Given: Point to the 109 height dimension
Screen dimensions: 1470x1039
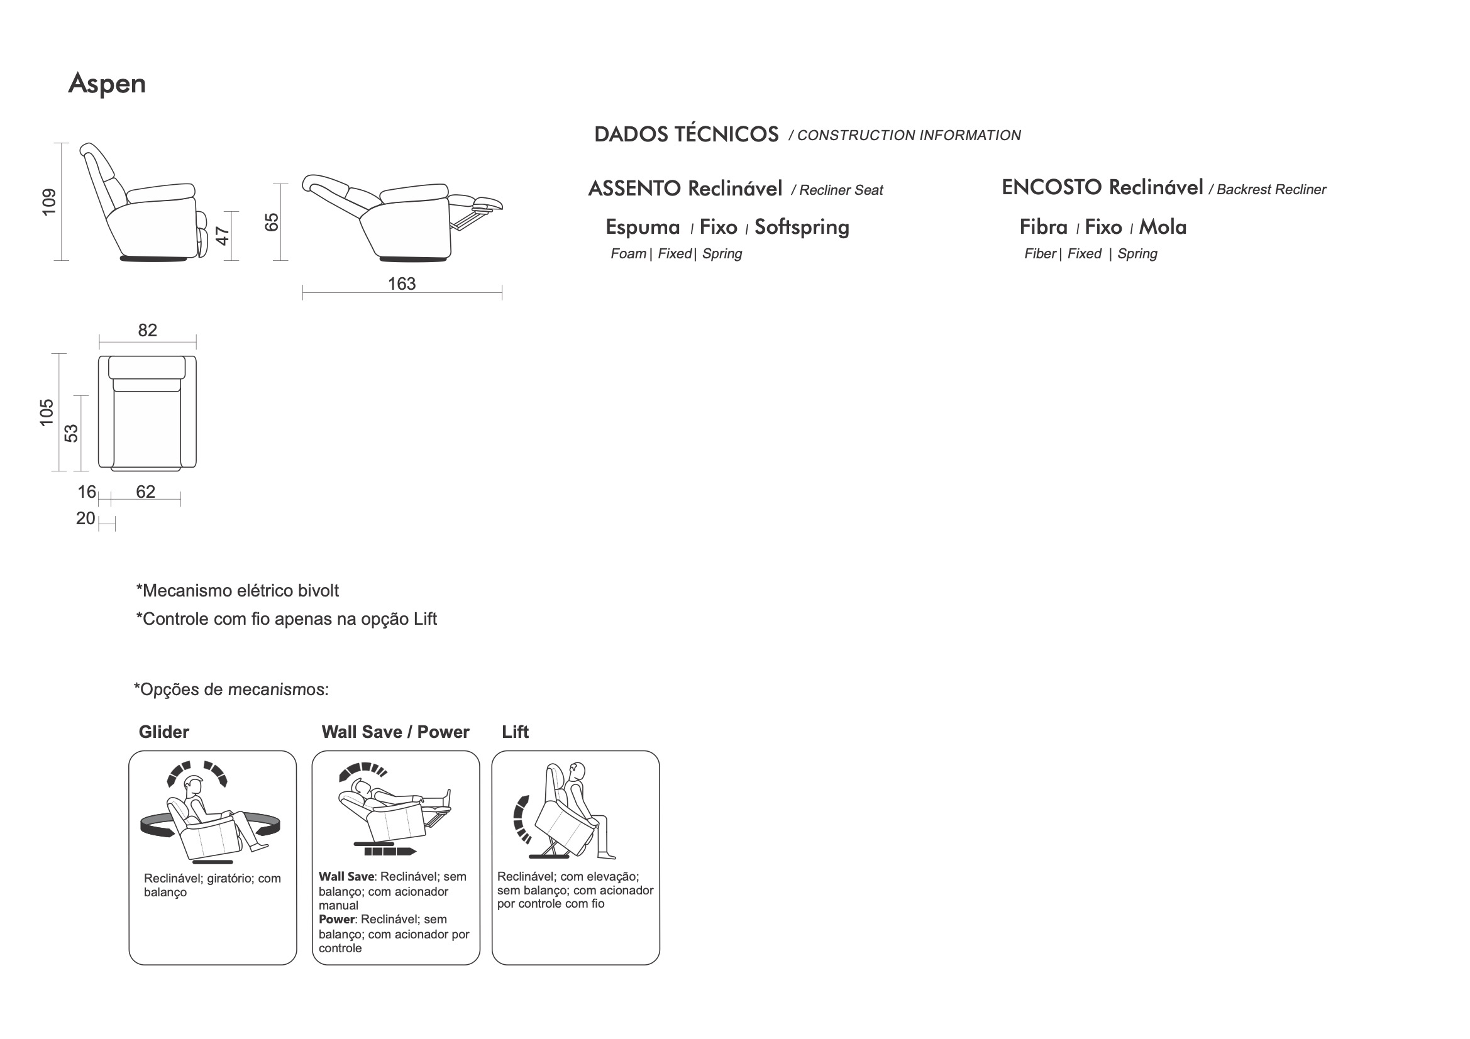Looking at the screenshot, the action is point(49,202).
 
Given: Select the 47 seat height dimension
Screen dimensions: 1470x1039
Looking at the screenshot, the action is point(222,236).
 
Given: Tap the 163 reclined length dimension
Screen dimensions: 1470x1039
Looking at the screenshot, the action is point(401,283).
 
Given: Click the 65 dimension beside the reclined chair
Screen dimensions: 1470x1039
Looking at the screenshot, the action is point(272,222).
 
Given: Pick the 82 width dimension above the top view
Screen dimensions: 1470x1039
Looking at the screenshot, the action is point(147,331).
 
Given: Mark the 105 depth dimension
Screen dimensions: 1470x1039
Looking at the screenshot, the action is point(47,412).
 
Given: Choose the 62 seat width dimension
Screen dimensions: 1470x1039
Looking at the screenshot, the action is point(145,492).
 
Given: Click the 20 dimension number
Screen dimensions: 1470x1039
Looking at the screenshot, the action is point(85,519).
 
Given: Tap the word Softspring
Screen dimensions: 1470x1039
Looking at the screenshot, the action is point(802,228).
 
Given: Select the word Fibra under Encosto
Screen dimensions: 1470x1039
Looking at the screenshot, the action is point(1044,228).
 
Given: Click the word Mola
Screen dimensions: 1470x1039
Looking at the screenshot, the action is point(1163,228).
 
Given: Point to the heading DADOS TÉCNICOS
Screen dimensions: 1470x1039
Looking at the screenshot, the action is point(687,135).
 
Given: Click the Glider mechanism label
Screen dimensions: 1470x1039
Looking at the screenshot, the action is point(164,732).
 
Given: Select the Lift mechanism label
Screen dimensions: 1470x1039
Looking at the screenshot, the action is point(516,732).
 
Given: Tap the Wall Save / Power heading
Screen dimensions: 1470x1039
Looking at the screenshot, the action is point(395,732).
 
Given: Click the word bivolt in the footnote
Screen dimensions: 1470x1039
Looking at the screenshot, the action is point(318,591).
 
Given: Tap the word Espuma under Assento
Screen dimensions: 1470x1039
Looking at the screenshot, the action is point(643,228).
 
